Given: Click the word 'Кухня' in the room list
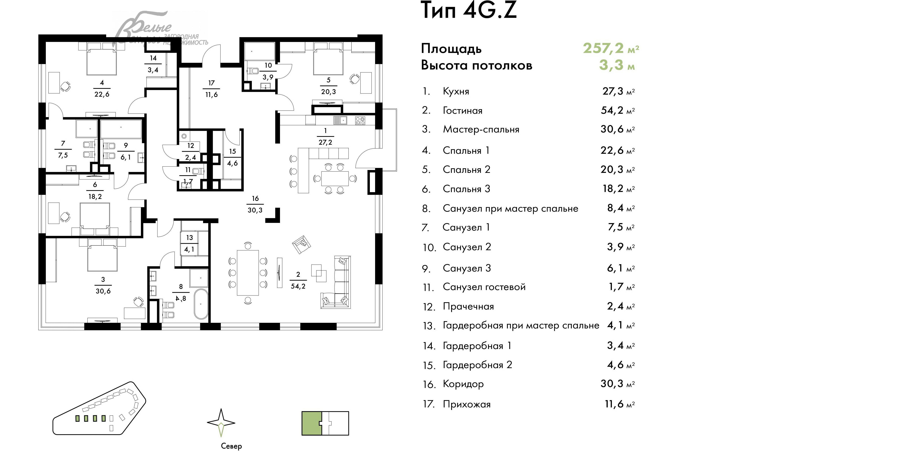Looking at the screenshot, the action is [x=456, y=92].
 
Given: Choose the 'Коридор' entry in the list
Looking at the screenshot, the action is [x=463, y=384].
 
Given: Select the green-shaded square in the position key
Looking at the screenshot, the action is [x=311, y=423].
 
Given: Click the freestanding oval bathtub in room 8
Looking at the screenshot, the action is [x=201, y=304].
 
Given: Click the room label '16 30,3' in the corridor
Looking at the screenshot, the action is [x=255, y=204].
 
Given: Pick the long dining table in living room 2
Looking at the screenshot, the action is [x=248, y=273].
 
